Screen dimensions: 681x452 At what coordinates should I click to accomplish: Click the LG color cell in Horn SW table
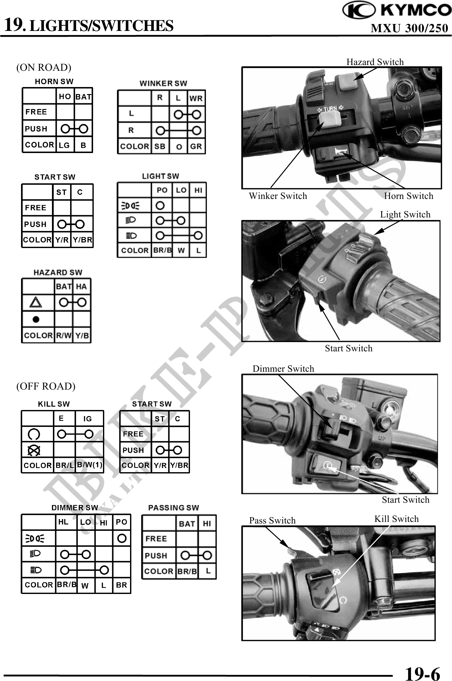point(64,145)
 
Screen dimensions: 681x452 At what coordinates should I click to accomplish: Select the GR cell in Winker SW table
point(196,146)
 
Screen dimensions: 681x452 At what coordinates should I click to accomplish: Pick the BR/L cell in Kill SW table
point(65,465)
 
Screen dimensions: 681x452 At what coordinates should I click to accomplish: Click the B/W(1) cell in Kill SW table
point(90,465)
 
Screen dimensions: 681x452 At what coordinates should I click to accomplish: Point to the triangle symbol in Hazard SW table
point(36,302)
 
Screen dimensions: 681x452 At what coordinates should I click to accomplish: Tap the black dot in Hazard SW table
point(36,319)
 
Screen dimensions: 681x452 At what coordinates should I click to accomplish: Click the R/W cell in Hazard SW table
point(64,335)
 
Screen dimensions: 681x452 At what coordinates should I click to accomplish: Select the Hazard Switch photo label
point(375,62)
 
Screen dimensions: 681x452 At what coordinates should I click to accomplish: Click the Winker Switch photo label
point(278,196)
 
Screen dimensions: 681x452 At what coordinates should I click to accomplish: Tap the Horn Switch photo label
point(409,196)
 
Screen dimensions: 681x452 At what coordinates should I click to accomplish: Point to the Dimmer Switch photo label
point(283,369)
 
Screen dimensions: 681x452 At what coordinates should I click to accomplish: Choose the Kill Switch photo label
point(396,519)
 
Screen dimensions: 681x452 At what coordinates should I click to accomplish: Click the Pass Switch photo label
point(272,520)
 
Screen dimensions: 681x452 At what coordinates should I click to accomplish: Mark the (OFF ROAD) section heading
point(46,386)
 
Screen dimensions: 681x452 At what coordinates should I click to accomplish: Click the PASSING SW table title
point(173,508)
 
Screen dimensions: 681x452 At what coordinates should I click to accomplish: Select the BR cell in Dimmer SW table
point(121,585)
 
